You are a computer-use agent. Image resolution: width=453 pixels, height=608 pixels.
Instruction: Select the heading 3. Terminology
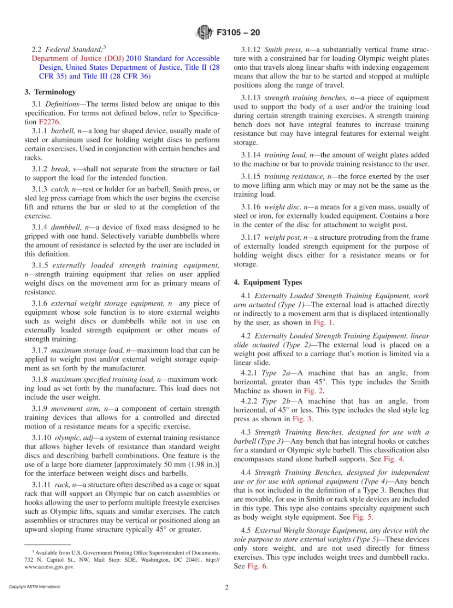point(50,92)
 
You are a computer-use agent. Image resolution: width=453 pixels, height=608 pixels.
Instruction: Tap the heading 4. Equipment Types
point(261,283)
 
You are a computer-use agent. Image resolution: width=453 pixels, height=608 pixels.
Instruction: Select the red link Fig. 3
point(302,419)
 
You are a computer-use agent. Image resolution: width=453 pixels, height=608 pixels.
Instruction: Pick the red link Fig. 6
point(257,566)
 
